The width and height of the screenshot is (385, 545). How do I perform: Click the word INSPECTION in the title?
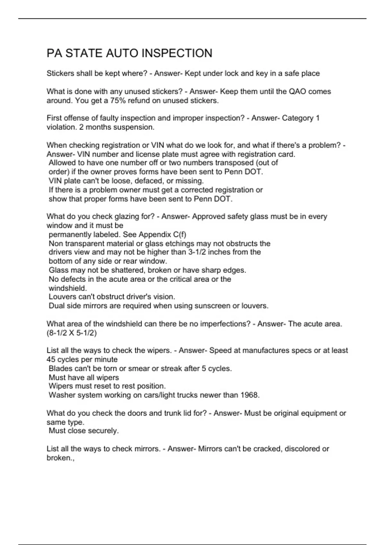tap(177, 53)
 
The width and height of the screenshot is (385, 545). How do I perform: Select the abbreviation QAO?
tap(297, 91)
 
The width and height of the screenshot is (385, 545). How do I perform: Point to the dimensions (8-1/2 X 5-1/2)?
tap(72, 333)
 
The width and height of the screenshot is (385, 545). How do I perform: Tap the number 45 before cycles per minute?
tap(51, 359)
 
